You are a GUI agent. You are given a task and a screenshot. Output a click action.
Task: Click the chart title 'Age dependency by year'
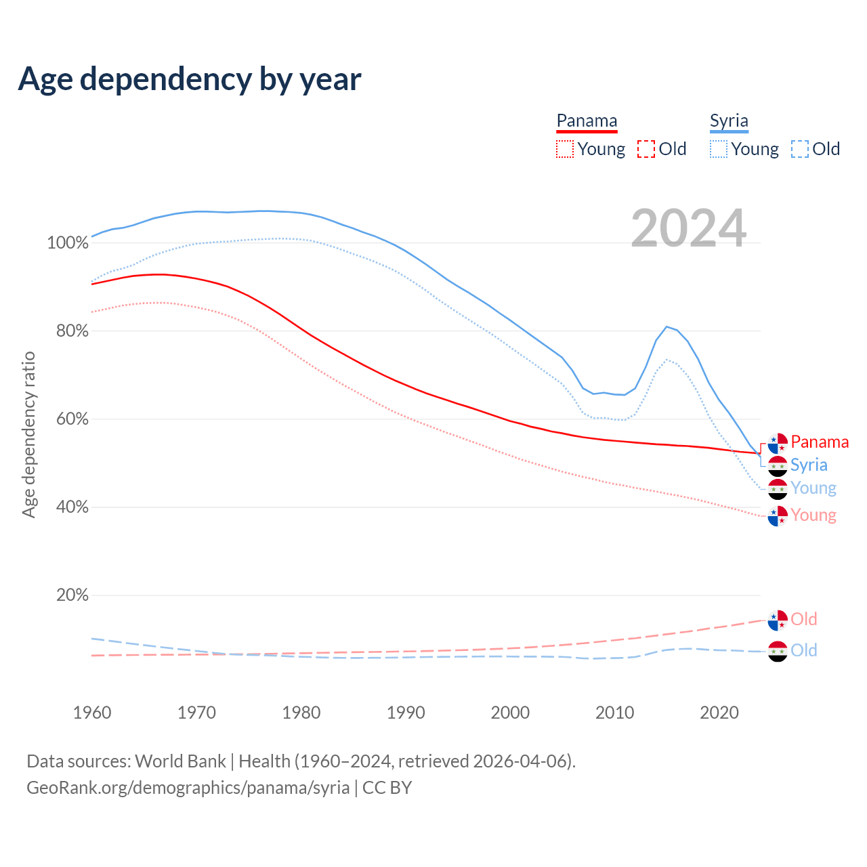point(190,79)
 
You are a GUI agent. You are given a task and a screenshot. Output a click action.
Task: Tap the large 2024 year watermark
point(688,228)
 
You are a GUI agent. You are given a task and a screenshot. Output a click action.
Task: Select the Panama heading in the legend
point(587,121)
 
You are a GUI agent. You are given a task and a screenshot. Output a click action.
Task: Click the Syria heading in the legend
point(729,121)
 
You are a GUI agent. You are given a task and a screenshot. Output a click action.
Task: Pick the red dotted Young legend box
point(564,149)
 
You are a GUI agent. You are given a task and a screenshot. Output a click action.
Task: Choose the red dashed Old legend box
point(646,149)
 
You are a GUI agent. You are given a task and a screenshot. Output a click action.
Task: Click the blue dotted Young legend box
point(719,149)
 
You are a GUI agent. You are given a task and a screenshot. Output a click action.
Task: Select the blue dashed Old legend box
point(800,149)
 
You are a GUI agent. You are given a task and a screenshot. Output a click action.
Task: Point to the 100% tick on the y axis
point(68,243)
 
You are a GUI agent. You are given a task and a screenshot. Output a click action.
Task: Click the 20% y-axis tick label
point(72,595)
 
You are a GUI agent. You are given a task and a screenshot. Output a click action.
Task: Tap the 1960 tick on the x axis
point(92,713)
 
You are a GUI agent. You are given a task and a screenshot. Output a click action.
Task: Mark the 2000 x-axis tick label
point(510,713)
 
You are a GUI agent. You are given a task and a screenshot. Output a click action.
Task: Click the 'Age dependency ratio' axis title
point(28,434)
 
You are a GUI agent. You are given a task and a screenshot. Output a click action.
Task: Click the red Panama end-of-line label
point(820,442)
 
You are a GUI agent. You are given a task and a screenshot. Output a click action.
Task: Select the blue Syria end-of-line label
point(809,465)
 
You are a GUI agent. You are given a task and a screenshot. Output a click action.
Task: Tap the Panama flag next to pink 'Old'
point(778,620)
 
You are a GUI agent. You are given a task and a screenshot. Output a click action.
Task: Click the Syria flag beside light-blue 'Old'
point(778,651)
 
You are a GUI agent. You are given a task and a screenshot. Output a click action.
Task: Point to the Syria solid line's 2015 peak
point(667,326)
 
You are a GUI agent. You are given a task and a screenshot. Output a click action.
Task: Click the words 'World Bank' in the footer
point(180,761)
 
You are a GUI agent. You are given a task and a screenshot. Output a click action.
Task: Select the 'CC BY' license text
point(387,788)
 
